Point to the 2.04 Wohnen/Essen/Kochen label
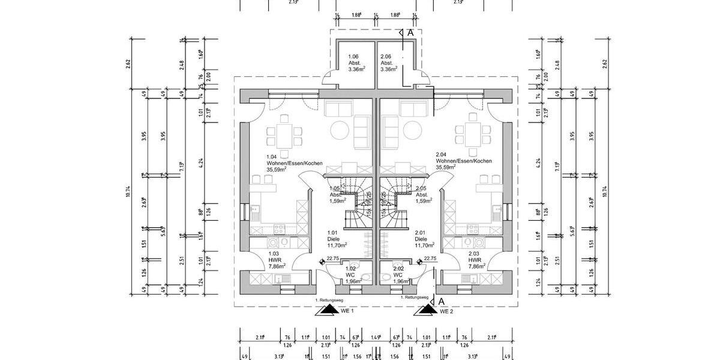click(x=464, y=162)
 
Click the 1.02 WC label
click(x=351, y=275)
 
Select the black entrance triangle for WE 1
click(x=328, y=310)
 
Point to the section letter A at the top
click(x=410, y=32)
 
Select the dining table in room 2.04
click(x=469, y=134)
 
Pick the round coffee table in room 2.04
click(x=412, y=130)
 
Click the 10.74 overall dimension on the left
click(x=128, y=191)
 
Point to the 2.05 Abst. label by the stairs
click(x=422, y=194)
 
